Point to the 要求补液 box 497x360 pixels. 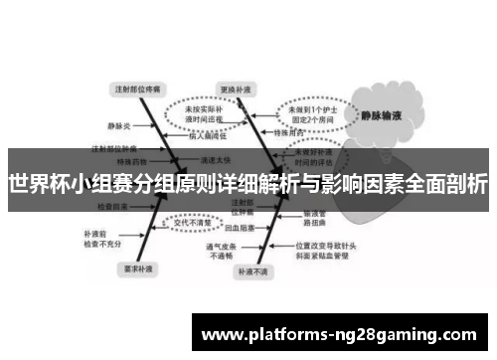tap(137, 268)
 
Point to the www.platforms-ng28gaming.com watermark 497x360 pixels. tap(338, 333)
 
